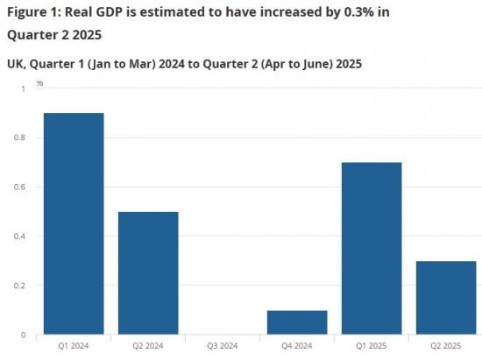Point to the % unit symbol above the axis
click(x=39, y=82)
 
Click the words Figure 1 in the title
click(x=32, y=12)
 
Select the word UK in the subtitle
click(x=16, y=64)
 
